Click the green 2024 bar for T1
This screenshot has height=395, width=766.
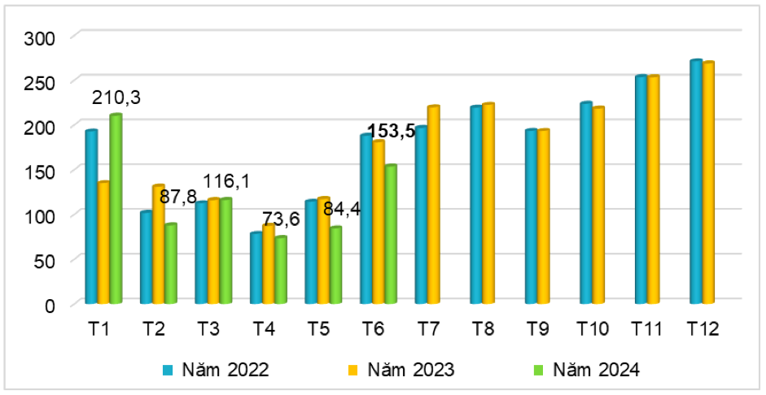coord(116,209)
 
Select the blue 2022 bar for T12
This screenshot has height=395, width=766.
coord(696,182)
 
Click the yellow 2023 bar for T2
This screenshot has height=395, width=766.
coord(159,245)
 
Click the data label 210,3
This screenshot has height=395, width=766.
coord(116,98)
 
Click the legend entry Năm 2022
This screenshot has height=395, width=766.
coord(216,370)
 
